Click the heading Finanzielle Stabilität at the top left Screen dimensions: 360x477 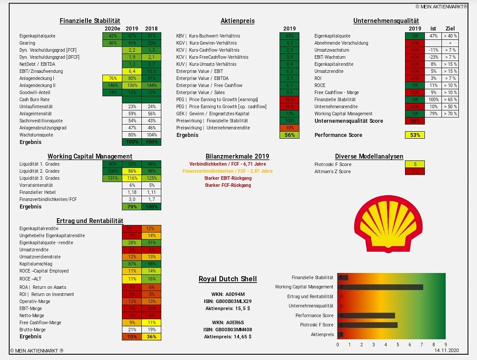(x=90, y=21)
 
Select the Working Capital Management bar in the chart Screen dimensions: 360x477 (x=380, y=287)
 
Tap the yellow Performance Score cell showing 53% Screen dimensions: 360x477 (x=415, y=135)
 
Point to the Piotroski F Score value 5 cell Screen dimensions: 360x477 (x=415, y=164)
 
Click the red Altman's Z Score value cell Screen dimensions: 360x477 (x=415, y=171)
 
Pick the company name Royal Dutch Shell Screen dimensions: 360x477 (x=227, y=279)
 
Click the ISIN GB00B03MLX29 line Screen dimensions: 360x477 (x=227, y=301)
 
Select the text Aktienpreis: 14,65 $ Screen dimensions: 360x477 (x=227, y=337)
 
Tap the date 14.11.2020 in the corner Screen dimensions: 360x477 (x=447, y=350)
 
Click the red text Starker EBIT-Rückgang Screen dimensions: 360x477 (x=227, y=178)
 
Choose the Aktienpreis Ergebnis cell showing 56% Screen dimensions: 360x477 (x=289, y=135)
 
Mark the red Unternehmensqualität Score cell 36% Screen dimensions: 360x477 (x=415, y=121)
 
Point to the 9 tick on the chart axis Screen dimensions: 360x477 (x=445, y=345)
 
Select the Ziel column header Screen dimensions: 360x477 (x=450, y=29)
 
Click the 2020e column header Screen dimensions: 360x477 (x=112, y=29)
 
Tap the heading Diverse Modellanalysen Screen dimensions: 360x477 (x=369, y=156)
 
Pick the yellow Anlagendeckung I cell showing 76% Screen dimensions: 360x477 (x=112, y=78)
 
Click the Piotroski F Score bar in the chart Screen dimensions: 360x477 (x=367, y=325)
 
